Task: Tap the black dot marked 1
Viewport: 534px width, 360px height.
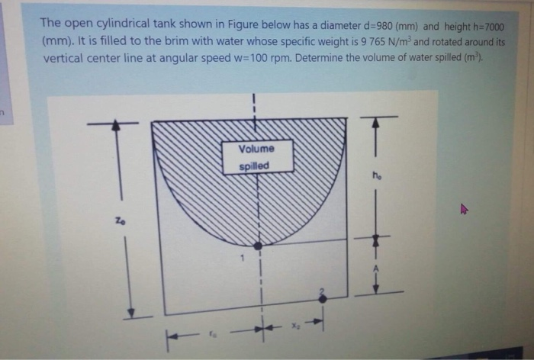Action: click(x=259, y=246)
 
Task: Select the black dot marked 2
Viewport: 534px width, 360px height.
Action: click(x=322, y=299)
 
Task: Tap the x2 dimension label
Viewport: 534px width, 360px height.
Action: click(x=294, y=323)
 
